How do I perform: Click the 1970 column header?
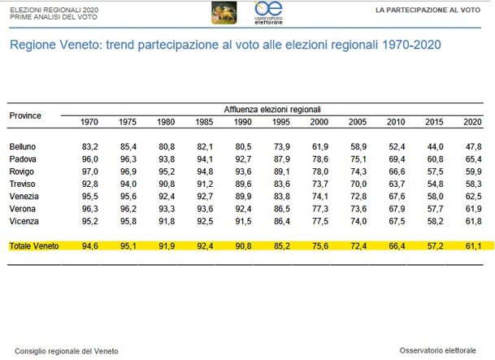coord(90,122)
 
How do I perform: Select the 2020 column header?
coord(472,122)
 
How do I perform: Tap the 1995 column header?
coord(281,122)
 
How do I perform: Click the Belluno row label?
coord(22,146)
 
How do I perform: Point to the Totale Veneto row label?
coord(34,245)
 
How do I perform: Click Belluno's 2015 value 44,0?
coord(434,146)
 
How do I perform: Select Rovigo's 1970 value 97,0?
coord(90,171)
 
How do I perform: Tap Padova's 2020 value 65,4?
coord(472,158)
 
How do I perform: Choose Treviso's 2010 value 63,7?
coord(396,183)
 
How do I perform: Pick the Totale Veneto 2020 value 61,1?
coord(472,245)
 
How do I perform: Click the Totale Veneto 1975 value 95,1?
coord(128,245)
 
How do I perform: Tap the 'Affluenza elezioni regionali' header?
coord(271,109)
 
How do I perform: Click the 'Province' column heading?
coord(25,115)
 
